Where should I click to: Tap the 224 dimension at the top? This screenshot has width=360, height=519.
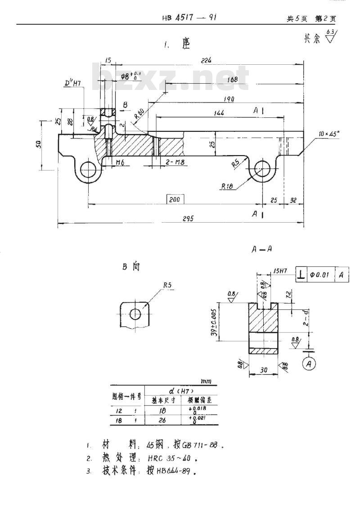207,60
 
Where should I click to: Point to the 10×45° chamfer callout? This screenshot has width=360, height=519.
329,134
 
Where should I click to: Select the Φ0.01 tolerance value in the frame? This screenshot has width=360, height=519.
321,274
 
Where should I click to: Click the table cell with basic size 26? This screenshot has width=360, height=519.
163,421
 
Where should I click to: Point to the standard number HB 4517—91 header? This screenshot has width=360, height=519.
191,18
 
